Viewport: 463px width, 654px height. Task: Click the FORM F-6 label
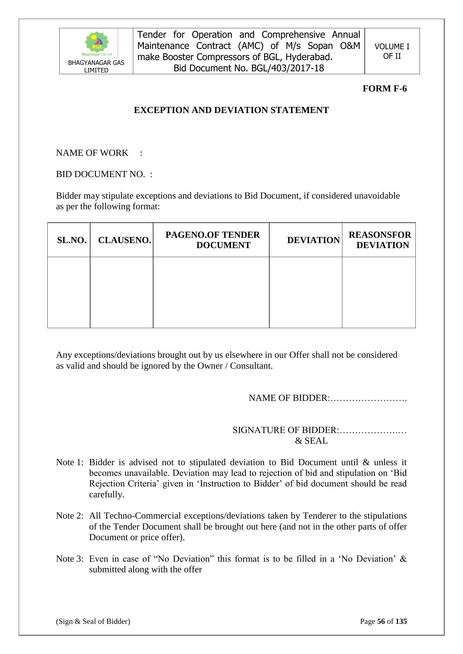[x=384, y=89]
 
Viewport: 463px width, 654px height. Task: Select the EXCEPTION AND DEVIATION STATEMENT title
[x=231, y=110]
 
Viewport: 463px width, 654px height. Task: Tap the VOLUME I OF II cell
[x=392, y=51]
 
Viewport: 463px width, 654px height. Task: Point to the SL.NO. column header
[x=72, y=240]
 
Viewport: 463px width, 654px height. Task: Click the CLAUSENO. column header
[x=124, y=240]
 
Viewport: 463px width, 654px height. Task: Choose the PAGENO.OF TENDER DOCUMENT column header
[x=212, y=240]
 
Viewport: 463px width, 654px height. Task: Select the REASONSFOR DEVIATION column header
[x=380, y=240]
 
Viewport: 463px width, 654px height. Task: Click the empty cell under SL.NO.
[x=69, y=292]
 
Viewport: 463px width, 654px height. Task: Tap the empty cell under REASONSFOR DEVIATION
[x=379, y=292]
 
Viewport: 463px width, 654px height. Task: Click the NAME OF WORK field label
[x=92, y=153]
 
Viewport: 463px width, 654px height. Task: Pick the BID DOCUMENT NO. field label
[x=101, y=174]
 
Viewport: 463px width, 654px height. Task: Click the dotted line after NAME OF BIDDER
[x=369, y=398]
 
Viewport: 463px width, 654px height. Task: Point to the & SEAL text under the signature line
[x=311, y=441]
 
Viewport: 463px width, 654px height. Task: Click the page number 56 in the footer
[x=381, y=621]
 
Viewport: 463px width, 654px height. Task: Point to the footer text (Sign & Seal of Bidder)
[x=93, y=621]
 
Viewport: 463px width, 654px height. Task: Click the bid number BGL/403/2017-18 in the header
[x=287, y=68]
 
